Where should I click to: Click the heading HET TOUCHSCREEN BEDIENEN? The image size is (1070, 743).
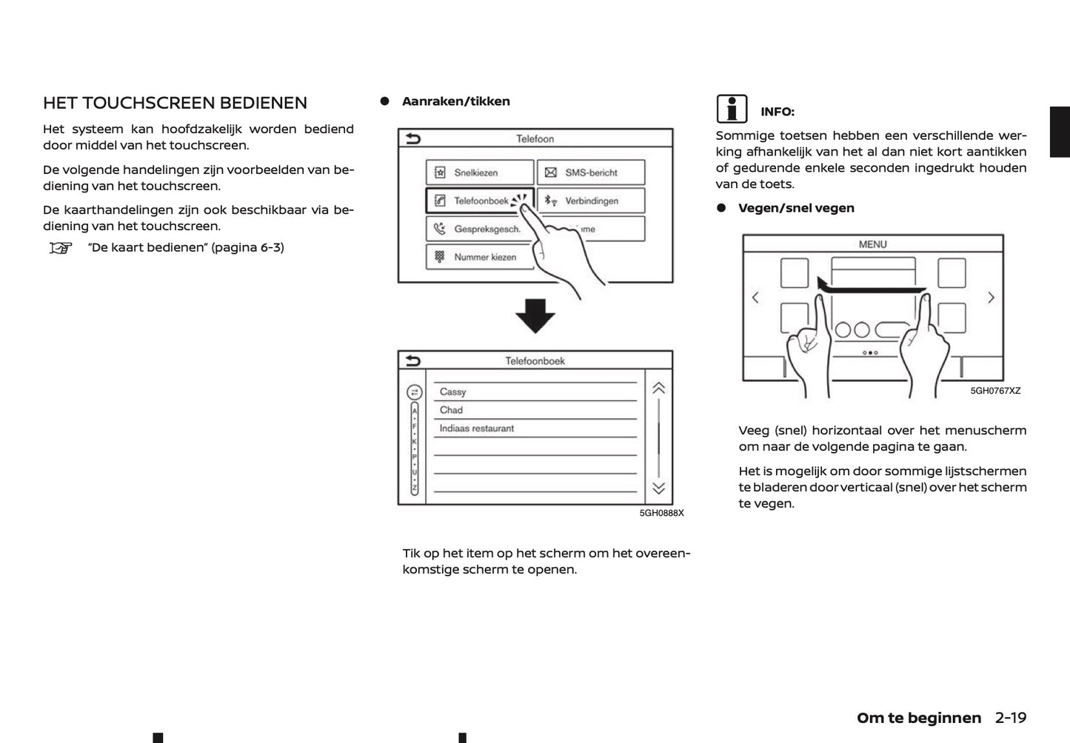coord(175,103)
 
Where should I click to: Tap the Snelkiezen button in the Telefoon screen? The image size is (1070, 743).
coord(479,172)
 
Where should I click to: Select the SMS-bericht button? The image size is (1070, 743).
coord(590,172)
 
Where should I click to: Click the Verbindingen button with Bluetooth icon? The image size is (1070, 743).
coord(590,201)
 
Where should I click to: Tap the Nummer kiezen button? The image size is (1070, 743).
coord(479,257)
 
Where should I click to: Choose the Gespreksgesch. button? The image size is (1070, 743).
coord(479,229)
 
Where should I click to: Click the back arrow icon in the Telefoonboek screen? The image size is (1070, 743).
coord(413,361)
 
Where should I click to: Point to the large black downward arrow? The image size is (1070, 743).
coord(535,316)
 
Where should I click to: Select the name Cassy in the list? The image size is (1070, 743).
coord(452,391)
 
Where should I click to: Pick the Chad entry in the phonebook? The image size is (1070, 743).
coord(451,410)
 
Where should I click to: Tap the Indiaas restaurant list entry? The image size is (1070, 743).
coord(476,428)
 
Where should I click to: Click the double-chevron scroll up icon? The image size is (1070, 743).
coord(658,389)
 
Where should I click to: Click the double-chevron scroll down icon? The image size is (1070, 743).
coord(658,488)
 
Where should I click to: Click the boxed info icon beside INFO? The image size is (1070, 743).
coord(732,110)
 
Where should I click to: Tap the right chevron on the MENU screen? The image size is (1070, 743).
coord(991,297)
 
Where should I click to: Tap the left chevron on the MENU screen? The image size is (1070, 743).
coord(755,297)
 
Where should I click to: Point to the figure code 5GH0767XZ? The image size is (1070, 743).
coord(994,391)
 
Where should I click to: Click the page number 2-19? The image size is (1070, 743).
coord(1010,718)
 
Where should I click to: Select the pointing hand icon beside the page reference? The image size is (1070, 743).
coord(61,248)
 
